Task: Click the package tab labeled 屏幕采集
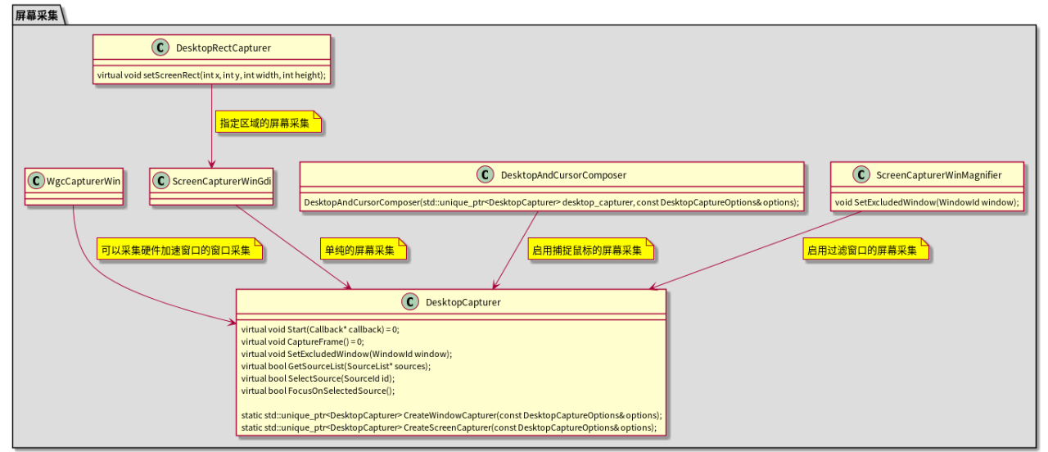[x=37, y=15]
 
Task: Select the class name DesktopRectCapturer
[x=224, y=48]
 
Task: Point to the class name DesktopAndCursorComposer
[x=563, y=174]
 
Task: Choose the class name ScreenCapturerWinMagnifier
[x=938, y=174]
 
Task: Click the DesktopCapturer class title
[x=463, y=302]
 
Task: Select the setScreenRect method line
[x=211, y=75]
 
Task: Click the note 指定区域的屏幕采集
[x=268, y=124]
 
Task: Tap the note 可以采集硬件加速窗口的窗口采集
[x=178, y=250]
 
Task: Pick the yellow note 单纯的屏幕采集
[x=363, y=250]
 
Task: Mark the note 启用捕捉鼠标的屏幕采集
[x=590, y=250]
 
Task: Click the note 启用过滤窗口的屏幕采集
[x=865, y=250]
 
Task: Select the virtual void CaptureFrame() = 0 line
[x=303, y=341]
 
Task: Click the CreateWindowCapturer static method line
[x=451, y=415]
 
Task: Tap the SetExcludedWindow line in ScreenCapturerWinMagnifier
[x=927, y=202]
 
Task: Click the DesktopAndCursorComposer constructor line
[x=552, y=202]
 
